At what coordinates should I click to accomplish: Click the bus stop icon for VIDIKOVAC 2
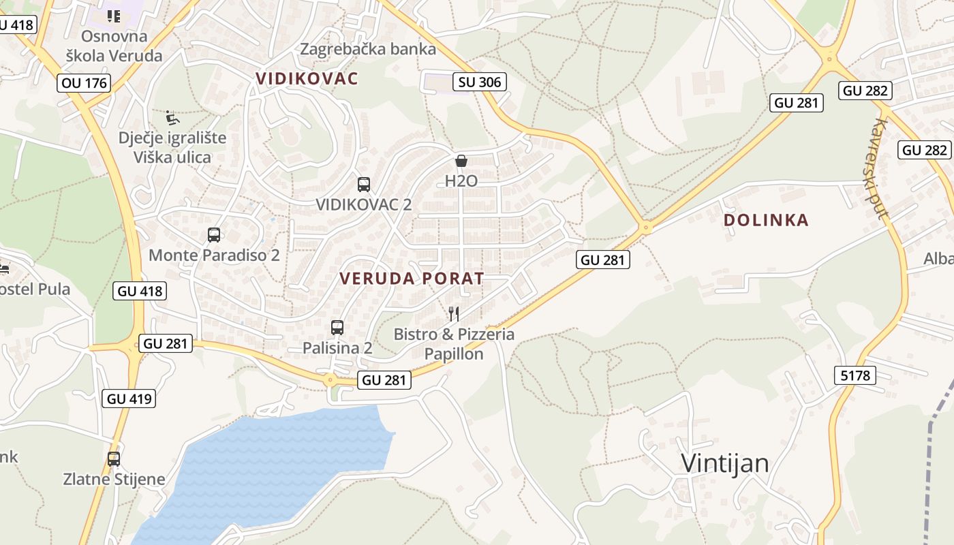pyautogui.click(x=364, y=184)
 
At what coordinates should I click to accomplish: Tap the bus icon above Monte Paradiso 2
pyautogui.click(x=214, y=235)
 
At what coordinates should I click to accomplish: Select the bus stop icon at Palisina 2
pyautogui.click(x=337, y=327)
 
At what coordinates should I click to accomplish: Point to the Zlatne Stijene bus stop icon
pyautogui.click(x=114, y=458)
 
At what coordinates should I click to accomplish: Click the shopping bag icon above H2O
pyautogui.click(x=461, y=161)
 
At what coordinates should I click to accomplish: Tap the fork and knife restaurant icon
pyautogui.click(x=454, y=313)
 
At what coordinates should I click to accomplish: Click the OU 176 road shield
pyautogui.click(x=84, y=83)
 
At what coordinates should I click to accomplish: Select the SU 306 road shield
pyautogui.click(x=480, y=82)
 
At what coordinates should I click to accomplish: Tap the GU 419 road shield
pyautogui.click(x=129, y=399)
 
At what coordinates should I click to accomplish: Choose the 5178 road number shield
pyautogui.click(x=855, y=375)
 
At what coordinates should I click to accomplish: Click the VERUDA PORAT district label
pyautogui.click(x=412, y=278)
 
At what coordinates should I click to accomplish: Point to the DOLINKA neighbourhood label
pyautogui.click(x=766, y=220)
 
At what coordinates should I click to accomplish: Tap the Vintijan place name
pyautogui.click(x=725, y=463)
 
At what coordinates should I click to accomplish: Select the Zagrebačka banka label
pyautogui.click(x=368, y=49)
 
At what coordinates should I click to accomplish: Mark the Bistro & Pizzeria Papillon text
pyautogui.click(x=454, y=344)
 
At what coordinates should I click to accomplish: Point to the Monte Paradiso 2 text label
pyautogui.click(x=214, y=255)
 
